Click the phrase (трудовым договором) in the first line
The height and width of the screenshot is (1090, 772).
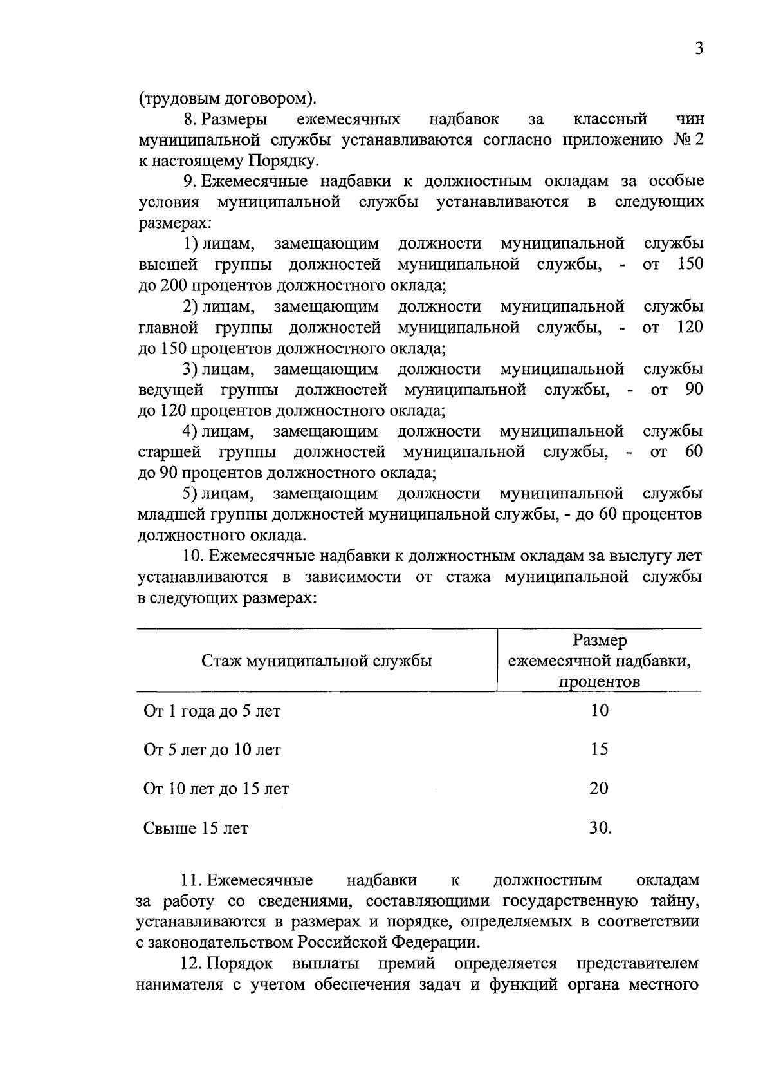click(x=226, y=99)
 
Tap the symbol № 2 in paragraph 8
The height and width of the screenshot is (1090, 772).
click(x=688, y=140)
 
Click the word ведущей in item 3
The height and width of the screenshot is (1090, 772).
click(x=170, y=390)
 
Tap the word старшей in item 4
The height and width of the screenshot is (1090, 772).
click(x=169, y=452)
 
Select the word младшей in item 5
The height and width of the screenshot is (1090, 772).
click(x=171, y=514)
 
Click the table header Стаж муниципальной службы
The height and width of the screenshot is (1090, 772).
click(x=317, y=661)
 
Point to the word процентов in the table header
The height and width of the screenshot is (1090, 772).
click(x=599, y=682)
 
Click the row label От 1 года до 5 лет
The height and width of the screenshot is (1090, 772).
click(x=212, y=711)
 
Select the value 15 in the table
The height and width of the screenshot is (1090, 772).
click(x=599, y=749)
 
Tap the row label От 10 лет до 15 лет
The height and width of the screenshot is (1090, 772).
click(x=216, y=789)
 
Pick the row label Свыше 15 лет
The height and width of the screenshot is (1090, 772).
click(x=196, y=829)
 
